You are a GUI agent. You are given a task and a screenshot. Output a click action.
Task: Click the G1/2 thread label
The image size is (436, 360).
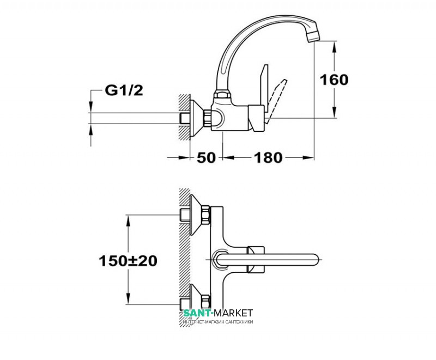pyautogui.click(x=124, y=90)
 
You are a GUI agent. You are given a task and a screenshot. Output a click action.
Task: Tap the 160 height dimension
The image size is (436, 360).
pyautogui.click(x=334, y=80)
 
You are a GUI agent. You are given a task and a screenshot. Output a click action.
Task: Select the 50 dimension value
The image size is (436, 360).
pyautogui.click(x=206, y=158)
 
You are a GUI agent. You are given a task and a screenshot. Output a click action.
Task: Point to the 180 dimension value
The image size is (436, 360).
pyautogui.click(x=268, y=158)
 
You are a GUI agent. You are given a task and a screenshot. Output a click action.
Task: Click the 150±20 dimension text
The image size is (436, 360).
pyautogui.click(x=128, y=261)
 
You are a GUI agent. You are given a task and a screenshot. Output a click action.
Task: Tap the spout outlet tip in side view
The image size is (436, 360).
pyautogui.click(x=314, y=36)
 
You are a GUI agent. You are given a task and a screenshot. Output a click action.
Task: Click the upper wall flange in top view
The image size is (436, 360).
pyautogui.click(x=196, y=215)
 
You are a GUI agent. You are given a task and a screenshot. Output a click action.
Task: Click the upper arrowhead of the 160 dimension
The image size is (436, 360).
pyautogui.click(x=334, y=47)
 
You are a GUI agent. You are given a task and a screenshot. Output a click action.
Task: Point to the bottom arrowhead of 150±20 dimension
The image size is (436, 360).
pyautogui.click(x=128, y=298)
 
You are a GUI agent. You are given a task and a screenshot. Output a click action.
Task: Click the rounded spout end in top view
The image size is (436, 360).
pyautogui.click(x=314, y=259)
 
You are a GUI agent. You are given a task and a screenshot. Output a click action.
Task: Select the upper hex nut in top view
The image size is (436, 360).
pyautogui.click(x=206, y=215)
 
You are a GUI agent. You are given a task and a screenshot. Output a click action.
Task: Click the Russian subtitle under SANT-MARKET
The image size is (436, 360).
pyautogui.click(x=219, y=322)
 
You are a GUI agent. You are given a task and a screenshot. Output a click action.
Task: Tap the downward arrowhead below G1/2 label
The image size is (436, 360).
pyautogui.click(x=90, y=107)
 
